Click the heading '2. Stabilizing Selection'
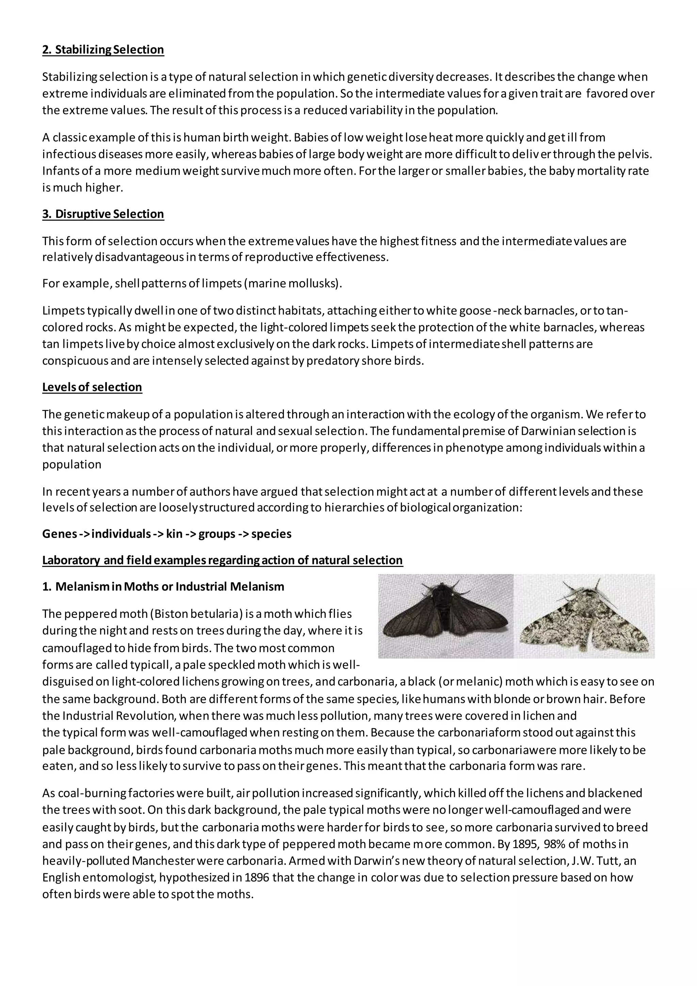point(103,50)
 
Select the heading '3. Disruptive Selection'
point(103,214)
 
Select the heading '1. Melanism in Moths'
point(163,587)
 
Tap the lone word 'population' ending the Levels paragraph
point(72,465)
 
